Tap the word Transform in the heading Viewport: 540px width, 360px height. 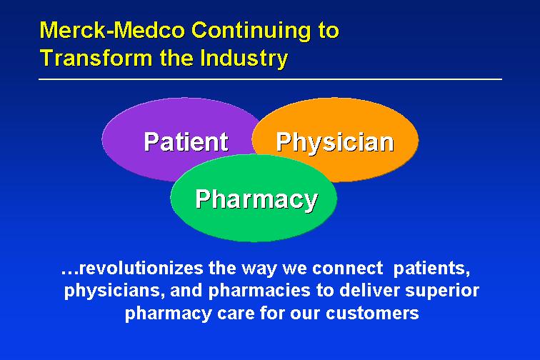[x=96, y=58]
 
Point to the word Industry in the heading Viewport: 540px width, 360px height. [x=244, y=59]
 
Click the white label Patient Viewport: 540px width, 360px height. [x=186, y=141]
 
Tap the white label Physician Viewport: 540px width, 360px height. [x=335, y=143]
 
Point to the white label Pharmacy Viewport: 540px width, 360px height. [x=256, y=200]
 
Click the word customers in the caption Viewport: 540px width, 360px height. [x=372, y=313]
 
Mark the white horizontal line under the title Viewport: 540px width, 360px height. [x=270, y=79]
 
